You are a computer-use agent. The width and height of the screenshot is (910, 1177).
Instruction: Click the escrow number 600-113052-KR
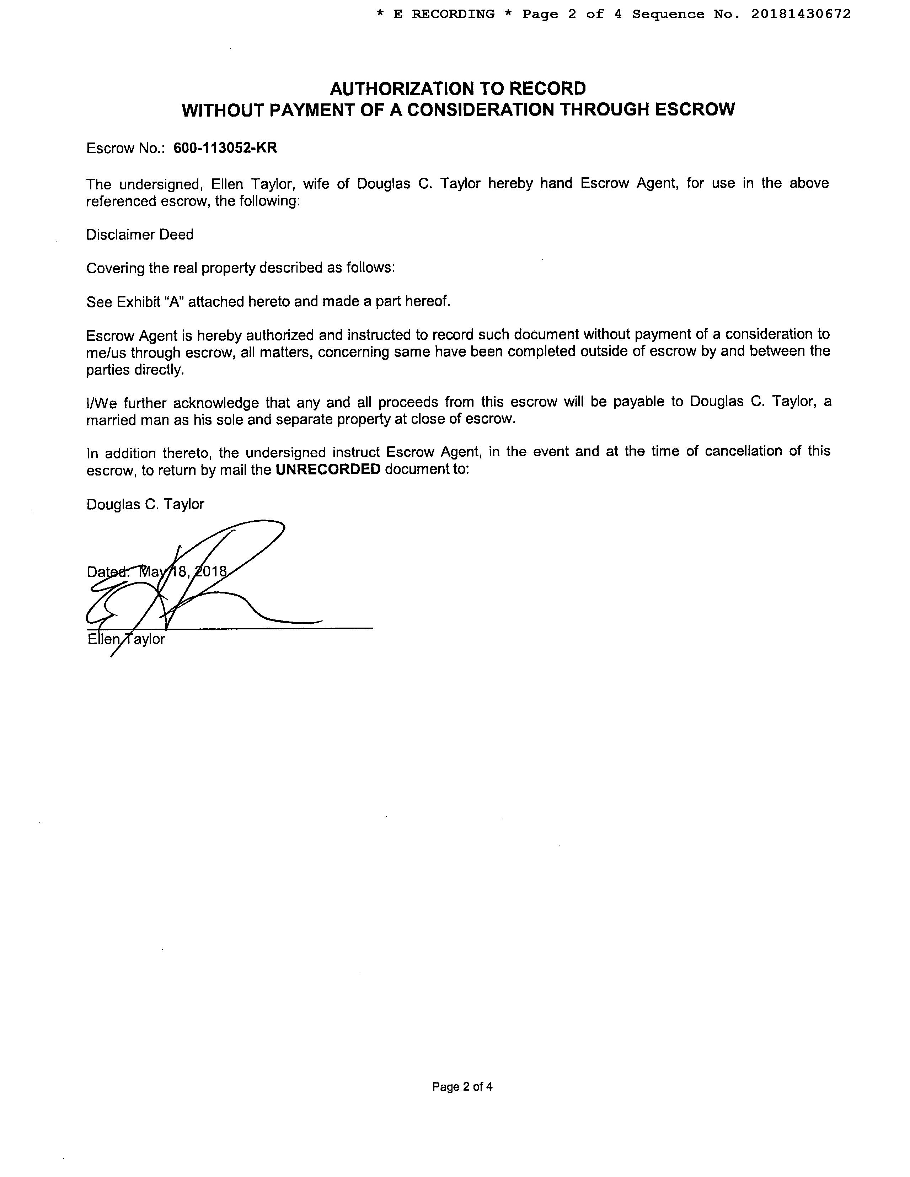(225, 148)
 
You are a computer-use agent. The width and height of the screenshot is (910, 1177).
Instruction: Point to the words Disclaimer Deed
(140, 235)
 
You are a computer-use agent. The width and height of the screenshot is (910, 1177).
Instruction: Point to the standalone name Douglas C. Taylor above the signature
(145, 504)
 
